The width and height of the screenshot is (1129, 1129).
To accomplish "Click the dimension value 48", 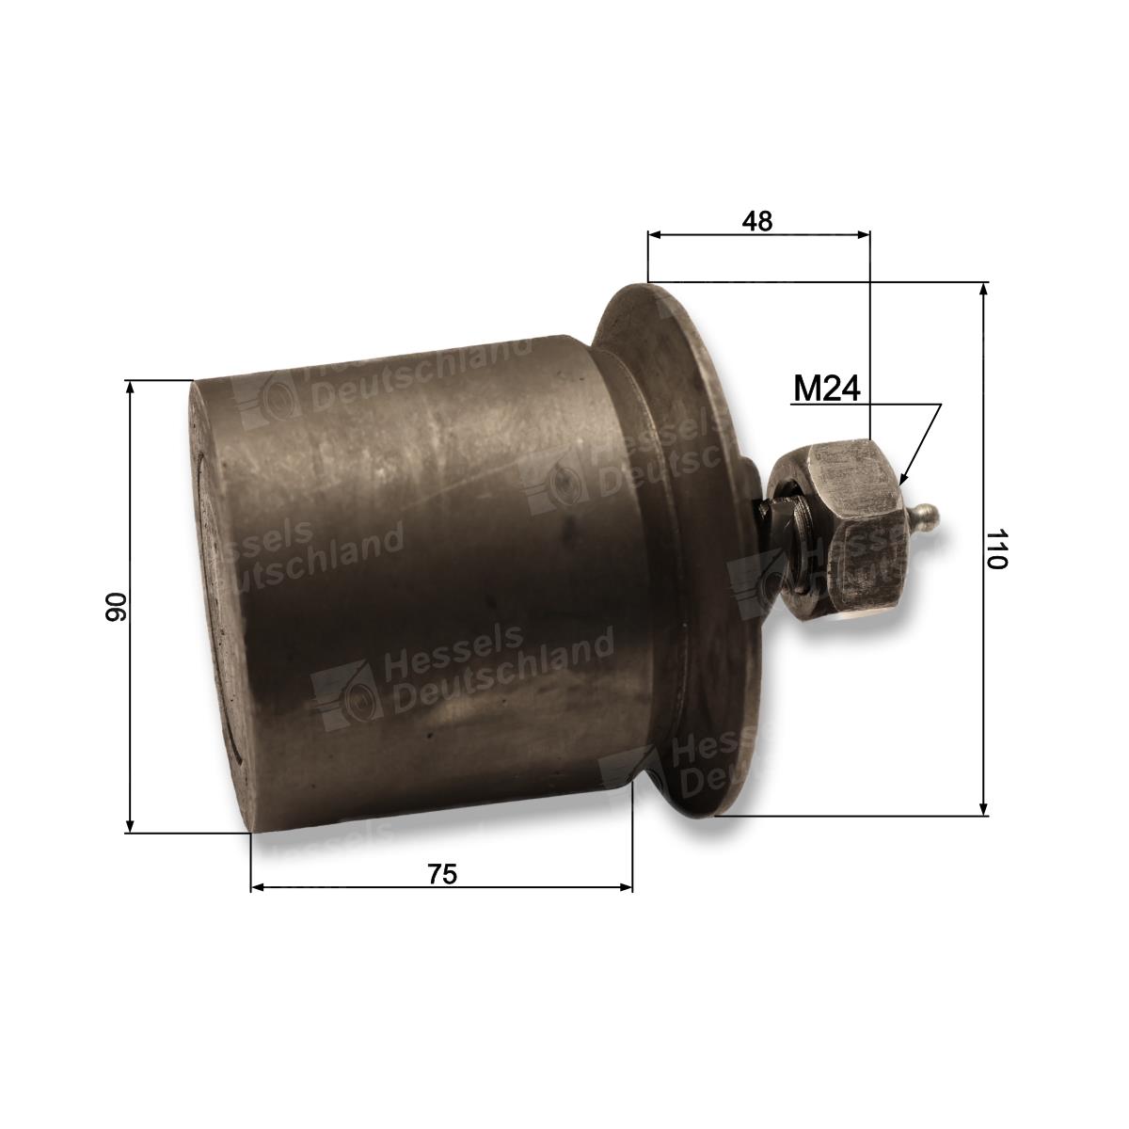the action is (x=757, y=221).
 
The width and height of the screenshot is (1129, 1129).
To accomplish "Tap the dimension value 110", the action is (x=995, y=549).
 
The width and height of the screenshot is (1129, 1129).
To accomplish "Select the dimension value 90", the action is (x=116, y=607).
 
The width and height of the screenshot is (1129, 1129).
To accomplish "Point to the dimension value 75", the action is (x=442, y=874).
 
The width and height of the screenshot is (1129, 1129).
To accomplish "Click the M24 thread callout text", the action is (x=827, y=388).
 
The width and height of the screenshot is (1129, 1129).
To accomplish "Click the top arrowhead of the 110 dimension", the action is (x=984, y=291).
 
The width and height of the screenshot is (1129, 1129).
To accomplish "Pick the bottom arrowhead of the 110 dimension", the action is (x=984, y=807).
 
